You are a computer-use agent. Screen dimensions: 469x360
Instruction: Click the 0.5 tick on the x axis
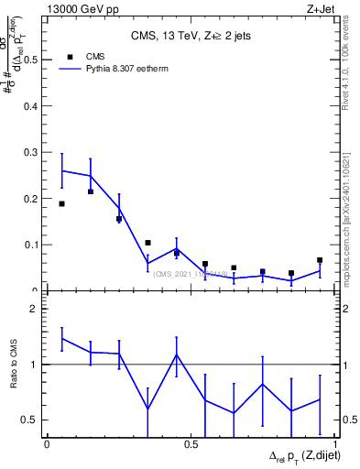(191, 444)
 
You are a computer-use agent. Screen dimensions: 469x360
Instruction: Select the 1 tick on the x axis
(335, 444)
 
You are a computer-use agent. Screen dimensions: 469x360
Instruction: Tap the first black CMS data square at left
(61, 203)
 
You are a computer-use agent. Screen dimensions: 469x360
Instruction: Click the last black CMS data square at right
(320, 260)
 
